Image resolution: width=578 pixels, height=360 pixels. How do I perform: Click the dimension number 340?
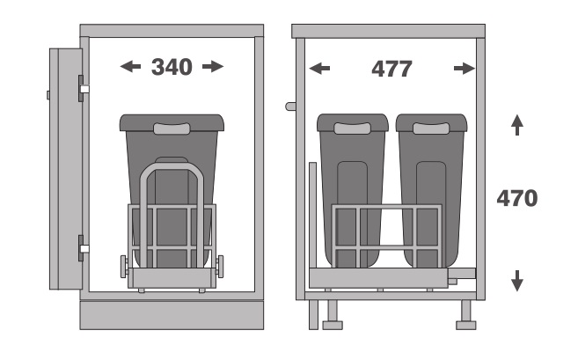pos(172,67)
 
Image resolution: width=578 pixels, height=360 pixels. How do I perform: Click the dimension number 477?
pos(391,69)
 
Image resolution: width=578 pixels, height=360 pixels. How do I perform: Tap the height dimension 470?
pos(517,198)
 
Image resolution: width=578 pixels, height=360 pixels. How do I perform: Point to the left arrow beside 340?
pos(130,67)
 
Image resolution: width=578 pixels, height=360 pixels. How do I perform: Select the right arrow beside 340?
pos(213,67)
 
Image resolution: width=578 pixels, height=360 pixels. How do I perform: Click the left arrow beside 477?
pos(319,69)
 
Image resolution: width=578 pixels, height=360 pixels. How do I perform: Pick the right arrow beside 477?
pos(465,69)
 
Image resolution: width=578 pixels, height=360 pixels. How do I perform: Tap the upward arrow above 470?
pos(517,125)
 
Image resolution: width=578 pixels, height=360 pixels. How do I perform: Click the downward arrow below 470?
pos(517,281)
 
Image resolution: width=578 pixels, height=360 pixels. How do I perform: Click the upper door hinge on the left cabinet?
pos(83,89)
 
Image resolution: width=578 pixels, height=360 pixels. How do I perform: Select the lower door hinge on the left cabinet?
pos(83,248)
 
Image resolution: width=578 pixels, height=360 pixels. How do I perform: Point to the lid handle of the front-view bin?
pos(172,129)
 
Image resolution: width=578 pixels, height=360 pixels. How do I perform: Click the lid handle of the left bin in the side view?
pos(352,129)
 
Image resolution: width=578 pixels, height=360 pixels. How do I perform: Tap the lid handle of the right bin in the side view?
pos(431,129)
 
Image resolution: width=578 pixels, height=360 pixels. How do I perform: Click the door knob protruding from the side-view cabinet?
pos(291,107)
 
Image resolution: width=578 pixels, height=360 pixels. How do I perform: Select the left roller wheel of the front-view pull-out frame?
pos(124,267)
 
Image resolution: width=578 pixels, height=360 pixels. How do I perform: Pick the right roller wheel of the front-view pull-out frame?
pos(220,267)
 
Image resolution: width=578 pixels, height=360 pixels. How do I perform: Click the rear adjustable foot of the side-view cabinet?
pos(466,314)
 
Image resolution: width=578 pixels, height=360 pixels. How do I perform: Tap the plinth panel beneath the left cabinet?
pos(172,315)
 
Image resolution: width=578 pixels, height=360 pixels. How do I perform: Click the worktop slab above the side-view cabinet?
pos(388,32)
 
